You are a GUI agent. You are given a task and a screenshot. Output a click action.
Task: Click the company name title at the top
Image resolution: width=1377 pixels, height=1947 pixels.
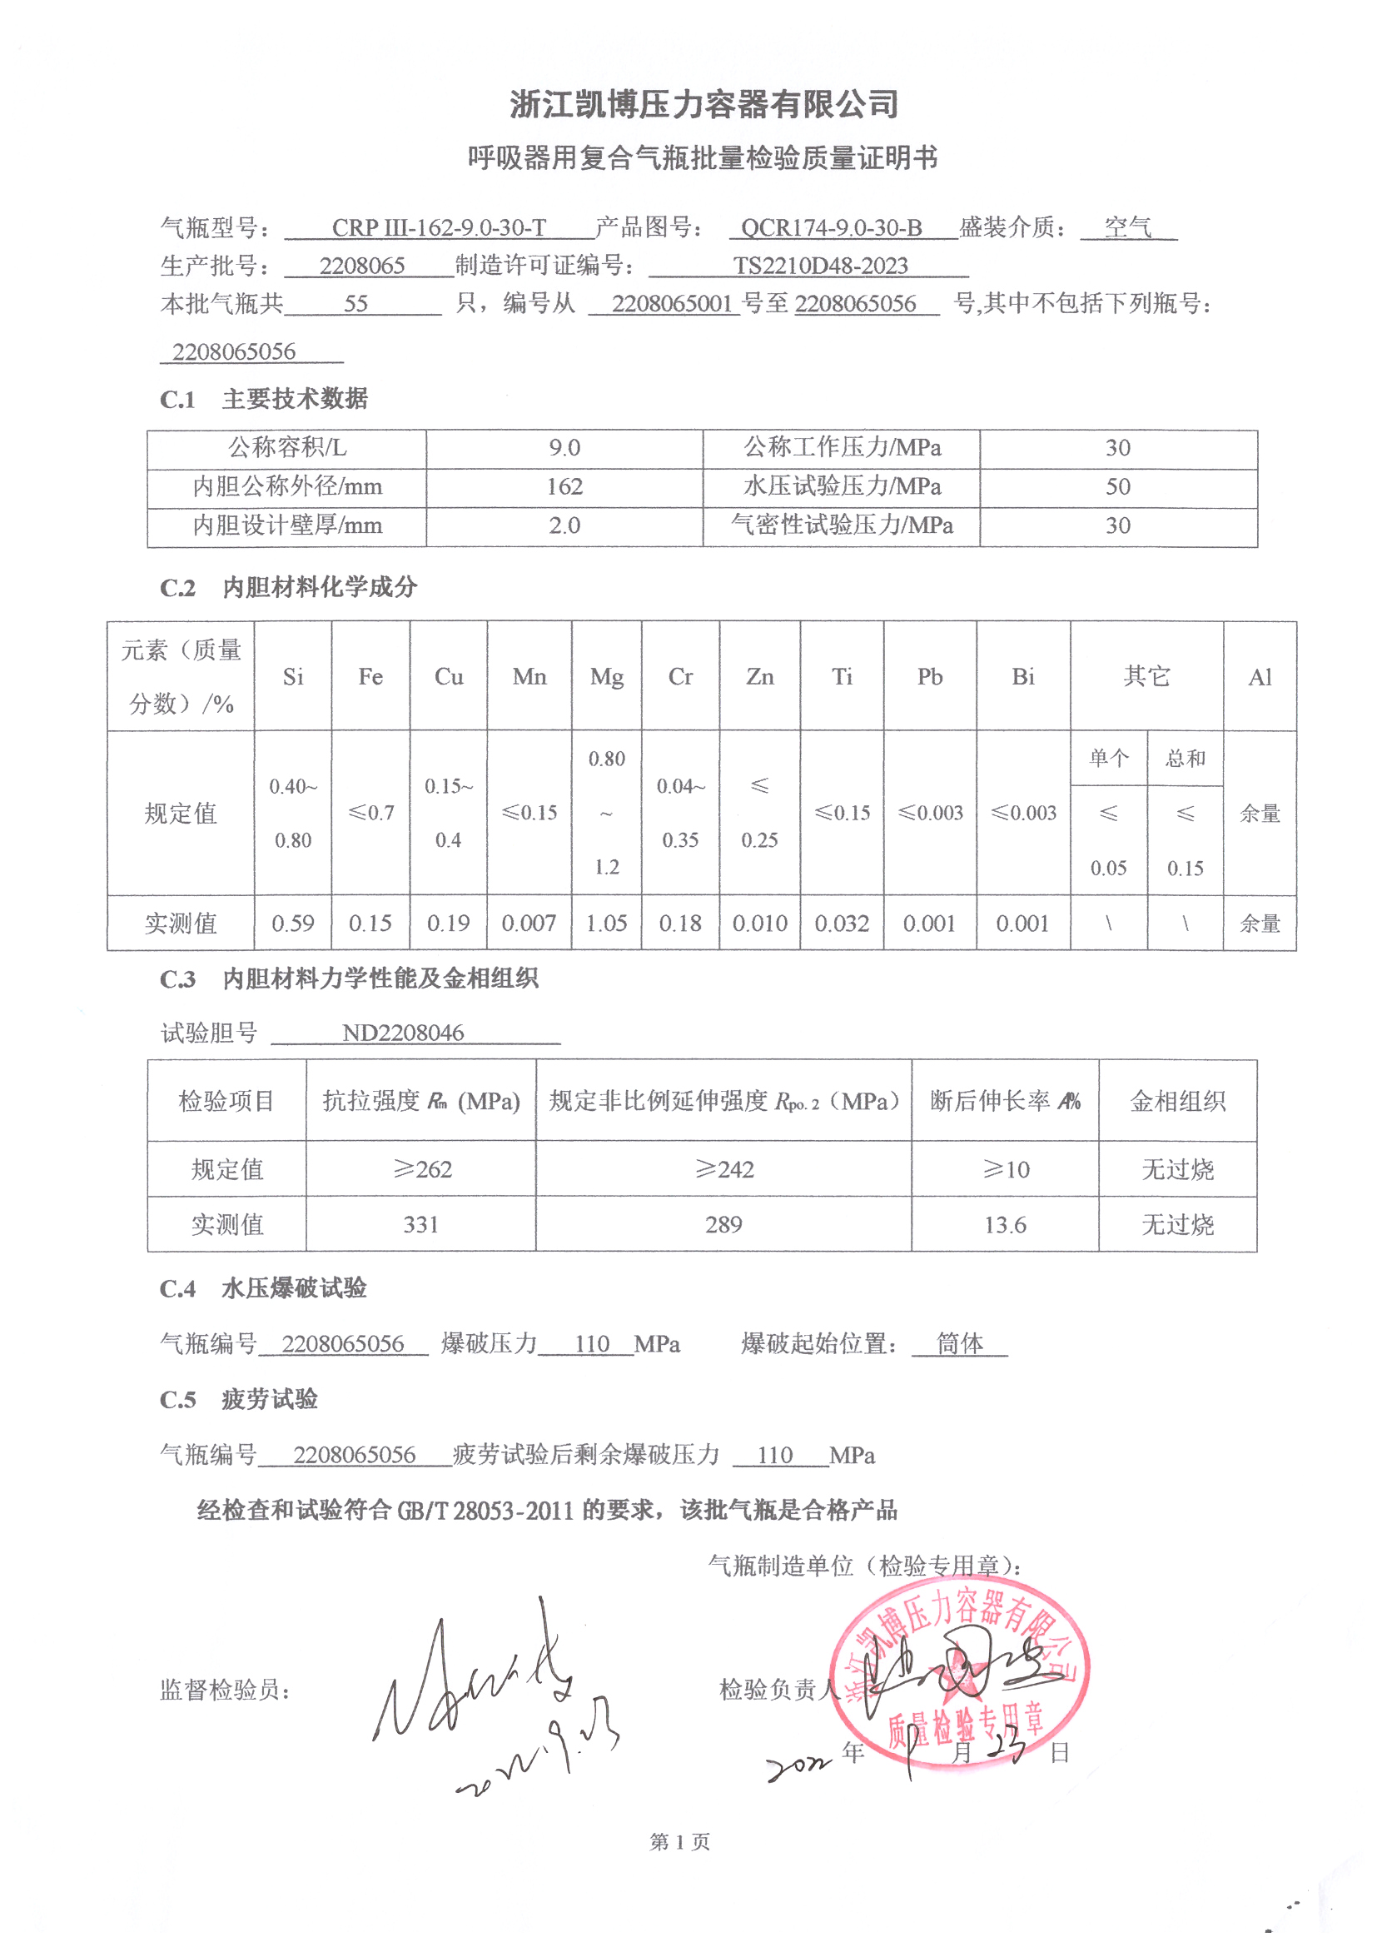703,104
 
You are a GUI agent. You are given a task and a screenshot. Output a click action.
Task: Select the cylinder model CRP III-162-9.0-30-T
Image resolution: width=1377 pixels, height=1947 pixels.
439,227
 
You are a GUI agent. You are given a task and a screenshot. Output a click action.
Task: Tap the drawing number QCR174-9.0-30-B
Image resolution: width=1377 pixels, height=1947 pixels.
831,227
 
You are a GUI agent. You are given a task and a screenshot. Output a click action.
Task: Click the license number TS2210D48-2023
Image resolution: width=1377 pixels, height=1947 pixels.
820,266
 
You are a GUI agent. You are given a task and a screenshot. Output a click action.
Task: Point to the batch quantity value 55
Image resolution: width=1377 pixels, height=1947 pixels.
355,304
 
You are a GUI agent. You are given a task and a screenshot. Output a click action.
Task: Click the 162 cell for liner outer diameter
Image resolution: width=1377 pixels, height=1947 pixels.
564,486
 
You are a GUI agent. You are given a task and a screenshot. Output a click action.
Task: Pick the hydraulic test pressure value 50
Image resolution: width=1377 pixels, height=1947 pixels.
1117,486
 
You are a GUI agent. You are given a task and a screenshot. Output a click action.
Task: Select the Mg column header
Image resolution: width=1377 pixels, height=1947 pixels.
606,677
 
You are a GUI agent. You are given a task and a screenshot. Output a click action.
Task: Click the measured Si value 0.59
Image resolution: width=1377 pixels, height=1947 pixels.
292,924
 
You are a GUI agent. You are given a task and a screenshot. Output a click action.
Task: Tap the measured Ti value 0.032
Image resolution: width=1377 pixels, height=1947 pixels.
842,924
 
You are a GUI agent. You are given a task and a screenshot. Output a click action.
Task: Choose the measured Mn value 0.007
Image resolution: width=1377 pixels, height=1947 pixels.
529,924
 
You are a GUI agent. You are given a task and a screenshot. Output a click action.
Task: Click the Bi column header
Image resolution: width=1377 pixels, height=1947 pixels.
1022,677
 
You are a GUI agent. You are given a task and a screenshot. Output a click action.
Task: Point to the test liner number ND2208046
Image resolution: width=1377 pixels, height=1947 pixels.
403,1033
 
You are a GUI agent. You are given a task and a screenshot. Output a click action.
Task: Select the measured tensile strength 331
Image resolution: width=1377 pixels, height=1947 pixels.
420,1224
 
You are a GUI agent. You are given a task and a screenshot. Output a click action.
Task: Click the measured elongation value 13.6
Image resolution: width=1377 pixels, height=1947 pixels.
1005,1224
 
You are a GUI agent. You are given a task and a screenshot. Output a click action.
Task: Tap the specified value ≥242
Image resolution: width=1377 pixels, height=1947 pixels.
724,1169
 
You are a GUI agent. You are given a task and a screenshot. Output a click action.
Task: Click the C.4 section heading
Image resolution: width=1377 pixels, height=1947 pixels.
263,1289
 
